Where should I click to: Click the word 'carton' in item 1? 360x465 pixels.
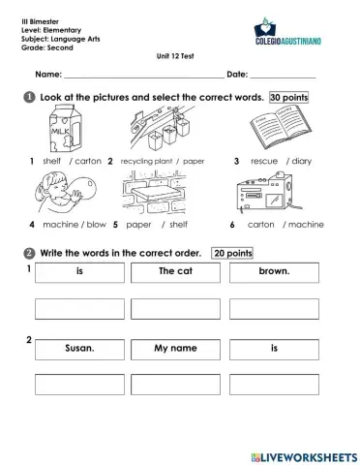pos(87,160)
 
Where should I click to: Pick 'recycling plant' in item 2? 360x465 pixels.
pos(146,160)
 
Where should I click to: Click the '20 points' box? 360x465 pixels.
pos(232,253)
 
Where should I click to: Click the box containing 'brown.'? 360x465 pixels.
pos(274,272)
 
